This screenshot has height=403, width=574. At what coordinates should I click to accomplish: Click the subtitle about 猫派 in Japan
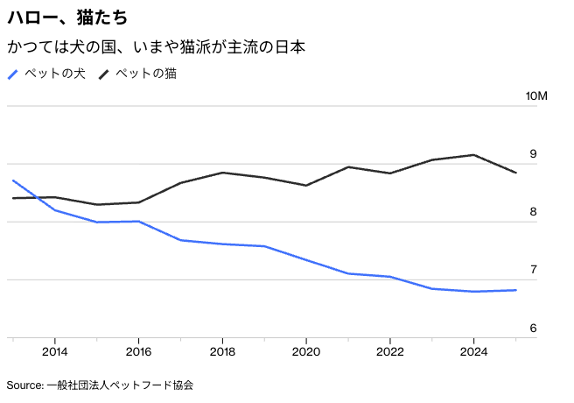156,46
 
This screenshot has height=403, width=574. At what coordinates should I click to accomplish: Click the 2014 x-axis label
54,351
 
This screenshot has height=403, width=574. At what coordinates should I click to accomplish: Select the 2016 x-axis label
138,351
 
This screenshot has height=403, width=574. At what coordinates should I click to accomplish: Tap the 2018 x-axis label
222,351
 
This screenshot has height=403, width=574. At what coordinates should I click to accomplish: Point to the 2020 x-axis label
306,351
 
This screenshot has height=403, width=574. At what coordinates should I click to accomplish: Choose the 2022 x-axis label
389,351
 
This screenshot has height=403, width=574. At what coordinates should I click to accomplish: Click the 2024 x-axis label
473,351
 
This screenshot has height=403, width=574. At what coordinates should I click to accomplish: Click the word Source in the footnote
24,385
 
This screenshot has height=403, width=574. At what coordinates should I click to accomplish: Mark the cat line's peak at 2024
473,155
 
